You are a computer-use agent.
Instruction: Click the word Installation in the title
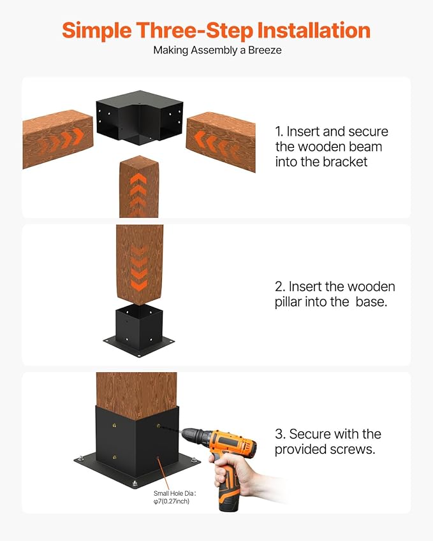pyautogui.click(x=314, y=31)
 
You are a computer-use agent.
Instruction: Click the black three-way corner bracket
pyautogui.click(x=140, y=117)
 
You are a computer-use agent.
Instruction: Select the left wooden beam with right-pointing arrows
pyautogui.click(x=57, y=139)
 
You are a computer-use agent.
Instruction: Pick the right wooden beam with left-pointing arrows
pyautogui.click(x=221, y=141)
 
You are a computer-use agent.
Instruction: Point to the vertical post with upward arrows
pyautogui.click(x=139, y=187)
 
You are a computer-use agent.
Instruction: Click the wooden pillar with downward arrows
pyautogui.click(x=140, y=264)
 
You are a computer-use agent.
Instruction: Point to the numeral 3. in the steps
pyautogui.click(x=280, y=434)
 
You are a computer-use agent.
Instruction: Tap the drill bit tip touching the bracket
pyautogui.click(x=160, y=426)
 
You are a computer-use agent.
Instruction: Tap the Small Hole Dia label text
pyautogui.click(x=175, y=497)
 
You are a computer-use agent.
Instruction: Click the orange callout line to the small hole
pyautogui.click(x=165, y=473)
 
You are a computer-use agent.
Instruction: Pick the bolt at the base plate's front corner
pyautogui.click(x=135, y=482)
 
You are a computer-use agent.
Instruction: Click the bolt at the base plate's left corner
pyautogui.click(x=80, y=459)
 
